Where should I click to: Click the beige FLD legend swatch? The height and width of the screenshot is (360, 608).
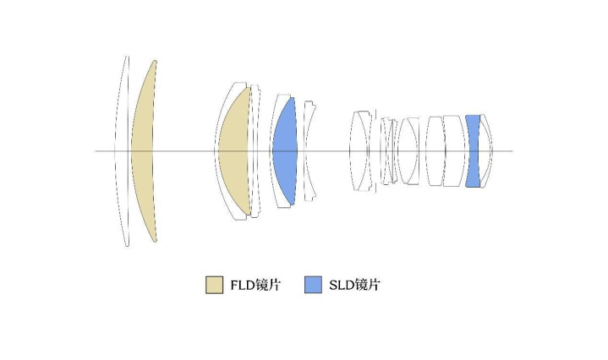(214, 285)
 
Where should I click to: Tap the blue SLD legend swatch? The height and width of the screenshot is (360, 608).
(313, 285)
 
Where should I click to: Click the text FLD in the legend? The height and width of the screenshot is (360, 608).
(243, 285)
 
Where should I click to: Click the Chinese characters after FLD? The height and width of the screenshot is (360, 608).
(267, 285)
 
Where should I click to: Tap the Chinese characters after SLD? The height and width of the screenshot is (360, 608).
(367, 285)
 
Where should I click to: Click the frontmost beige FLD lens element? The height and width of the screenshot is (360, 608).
(143, 151)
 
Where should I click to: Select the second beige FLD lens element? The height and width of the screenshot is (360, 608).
(234, 151)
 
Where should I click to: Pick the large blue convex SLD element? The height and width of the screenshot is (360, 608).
(285, 151)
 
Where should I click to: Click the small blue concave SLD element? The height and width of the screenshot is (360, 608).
(473, 151)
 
